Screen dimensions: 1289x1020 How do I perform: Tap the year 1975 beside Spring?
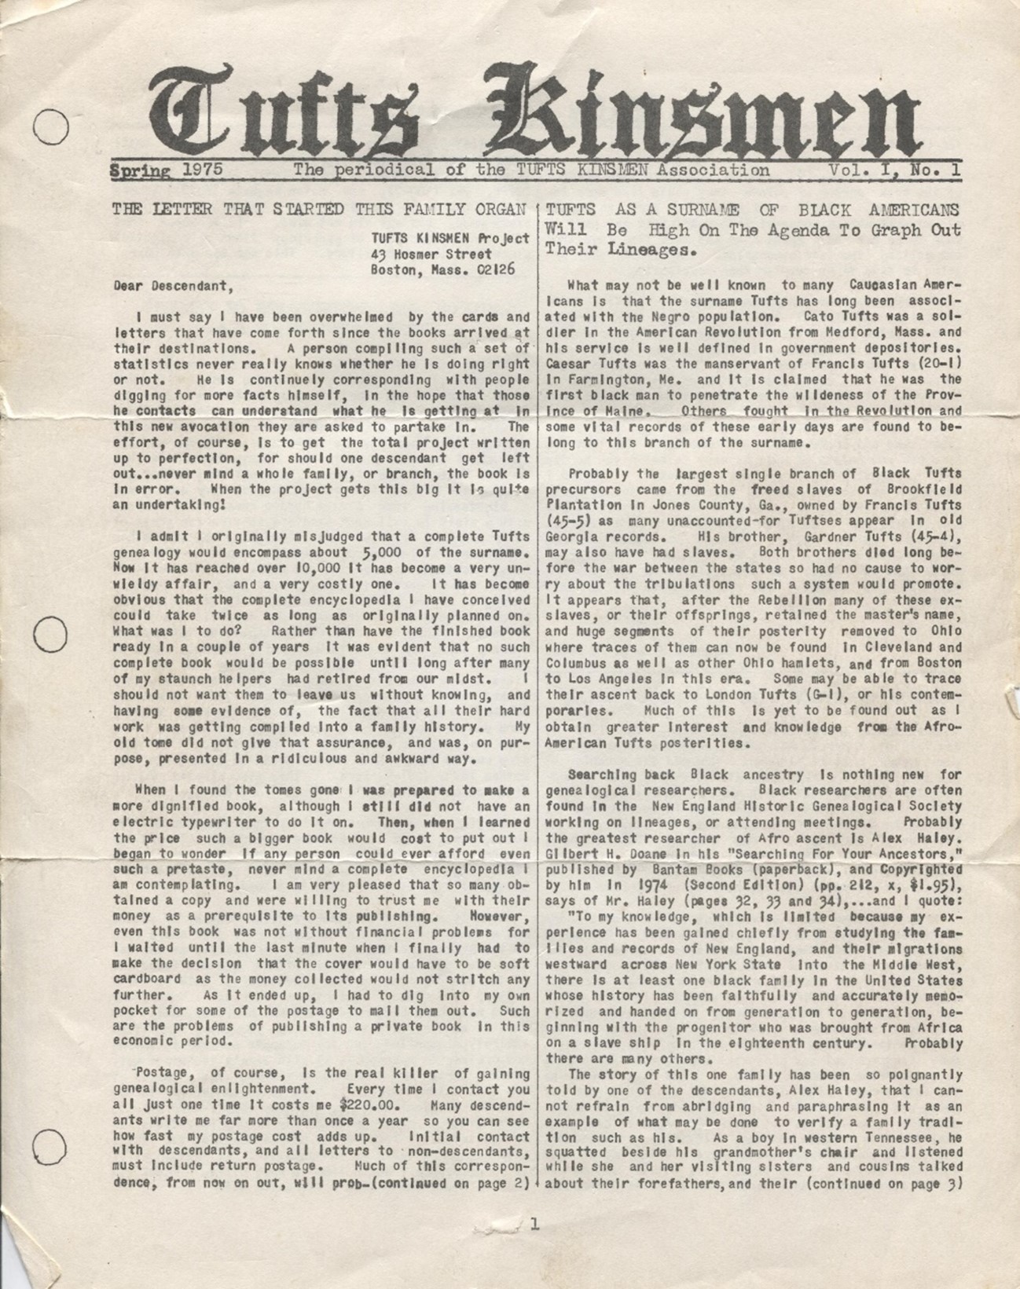(x=202, y=170)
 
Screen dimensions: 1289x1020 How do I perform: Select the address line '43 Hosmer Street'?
(x=431, y=254)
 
